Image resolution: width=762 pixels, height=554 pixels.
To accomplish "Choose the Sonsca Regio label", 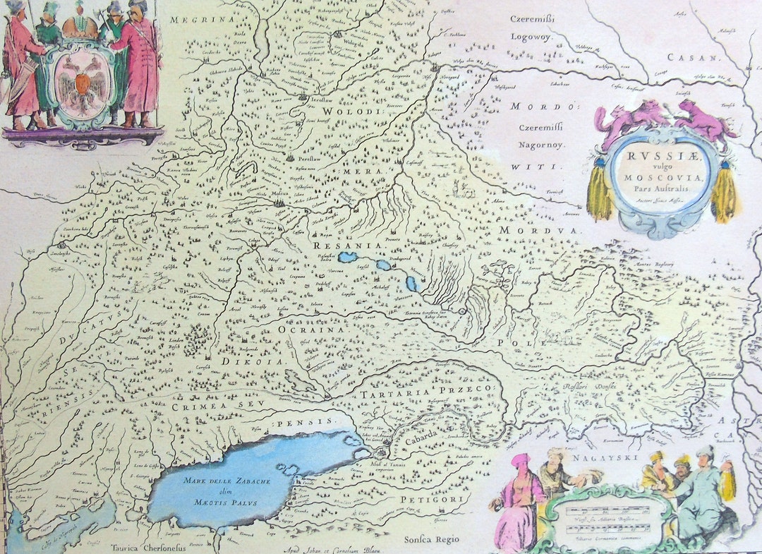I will pyautogui.click(x=431, y=540).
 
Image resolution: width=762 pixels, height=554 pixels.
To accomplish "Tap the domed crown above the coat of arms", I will pyautogui.click(x=80, y=27).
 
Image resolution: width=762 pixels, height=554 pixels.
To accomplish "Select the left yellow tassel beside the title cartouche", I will pyautogui.click(x=600, y=192).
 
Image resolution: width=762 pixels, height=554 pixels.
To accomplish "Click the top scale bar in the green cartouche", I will pyautogui.click(x=605, y=509).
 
